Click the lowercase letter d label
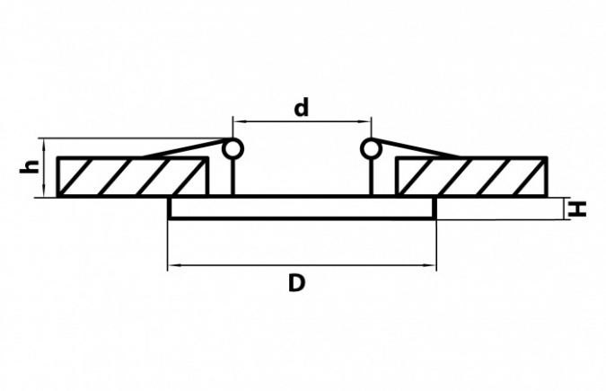pyautogui.click(x=302, y=108)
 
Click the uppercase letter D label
pyautogui.click(x=297, y=282)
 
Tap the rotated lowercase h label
pyautogui.click(x=31, y=166)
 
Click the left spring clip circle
pyautogui.click(x=233, y=148)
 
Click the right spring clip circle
pyautogui.click(x=372, y=148)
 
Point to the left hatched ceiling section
pyautogui.click(x=132, y=177)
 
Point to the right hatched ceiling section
pyautogui.click(x=471, y=177)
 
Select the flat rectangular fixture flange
pyautogui.click(x=303, y=209)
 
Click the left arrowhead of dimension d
pyautogui.click(x=239, y=121)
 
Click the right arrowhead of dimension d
pyautogui.click(x=365, y=121)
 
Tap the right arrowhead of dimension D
pyautogui.click(x=430, y=265)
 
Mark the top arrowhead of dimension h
pyautogui.click(x=45, y=144)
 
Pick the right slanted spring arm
pyautogui.click(x=417, y=148)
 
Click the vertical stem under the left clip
pyautogui.click(x=233, y=178)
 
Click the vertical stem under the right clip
pyautogui.click(x=372, y=178)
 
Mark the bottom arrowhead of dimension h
pyautogui.click(x=45, y=191)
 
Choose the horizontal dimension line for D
pyautogui.click(x=303, y=265)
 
